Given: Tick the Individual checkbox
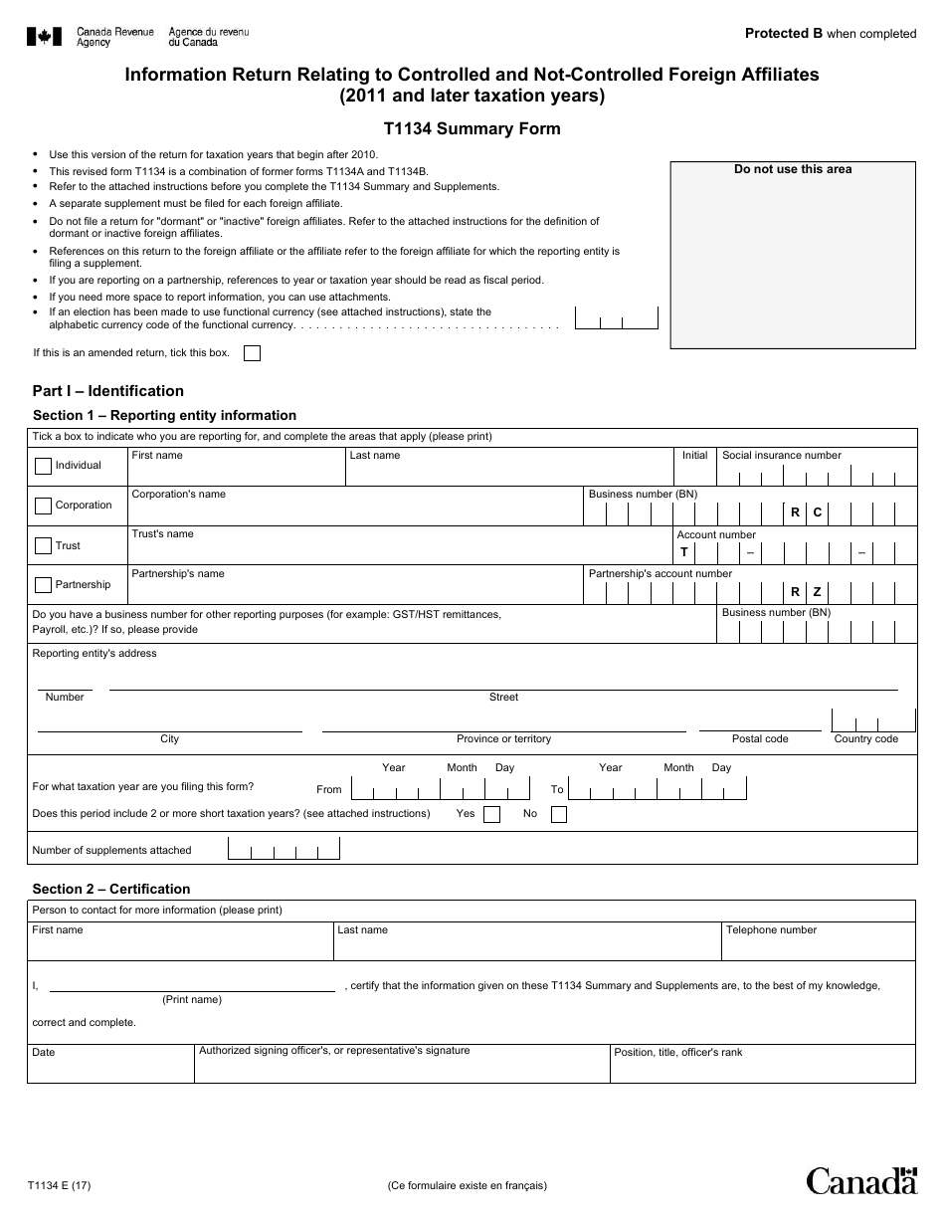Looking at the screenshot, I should coord(43,466).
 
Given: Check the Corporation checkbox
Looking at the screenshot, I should coord(43,506).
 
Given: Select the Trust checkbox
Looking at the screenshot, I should coord(43,545).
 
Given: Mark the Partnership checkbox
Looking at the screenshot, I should coord(43,585).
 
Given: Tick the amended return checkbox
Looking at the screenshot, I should coord(252,353).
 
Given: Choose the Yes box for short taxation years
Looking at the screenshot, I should coord(491,814).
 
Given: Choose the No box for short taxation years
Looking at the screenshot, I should coord(558,814).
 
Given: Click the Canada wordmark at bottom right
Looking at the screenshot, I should coord(860,1180).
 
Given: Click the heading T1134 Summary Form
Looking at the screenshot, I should coord(472,128).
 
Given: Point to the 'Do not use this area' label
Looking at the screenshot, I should coord(793,169).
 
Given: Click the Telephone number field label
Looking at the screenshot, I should coord(771,930).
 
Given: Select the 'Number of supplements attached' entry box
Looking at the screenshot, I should coord(284,850).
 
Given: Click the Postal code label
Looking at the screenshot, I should coord(760,738).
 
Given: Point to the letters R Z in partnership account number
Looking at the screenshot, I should coord(806,591).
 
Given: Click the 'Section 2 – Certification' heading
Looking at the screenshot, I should coord(110,889).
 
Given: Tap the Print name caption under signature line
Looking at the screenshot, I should coord(192,999).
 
